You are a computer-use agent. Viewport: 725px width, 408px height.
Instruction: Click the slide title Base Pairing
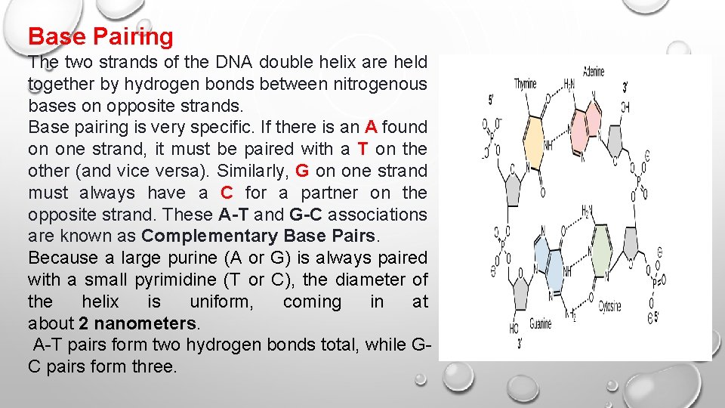click(x=100, y=36)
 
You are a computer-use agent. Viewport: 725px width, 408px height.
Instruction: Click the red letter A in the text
click(x=370, y=127)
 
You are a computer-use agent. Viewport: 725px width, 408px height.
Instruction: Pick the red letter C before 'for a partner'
click(x=226, y=193)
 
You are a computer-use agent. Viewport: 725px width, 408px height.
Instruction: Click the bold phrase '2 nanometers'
click(x=137, y=323)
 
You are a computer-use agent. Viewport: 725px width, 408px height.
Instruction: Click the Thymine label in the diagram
click(x=525, y=84)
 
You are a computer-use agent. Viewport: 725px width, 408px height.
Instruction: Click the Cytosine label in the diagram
click(x=610, y=306)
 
